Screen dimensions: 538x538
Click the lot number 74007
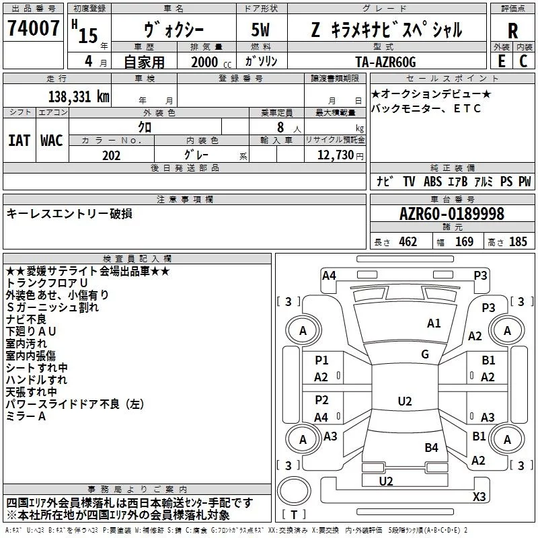tap(33, 28)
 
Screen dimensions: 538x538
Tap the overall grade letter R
tap(512, 31)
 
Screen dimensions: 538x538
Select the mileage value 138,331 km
tap(79, 97)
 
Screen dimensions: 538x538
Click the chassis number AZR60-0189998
tap(452, 214)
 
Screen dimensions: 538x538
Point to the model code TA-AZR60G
tap(385, 62)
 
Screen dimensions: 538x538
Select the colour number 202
tap(111, 155)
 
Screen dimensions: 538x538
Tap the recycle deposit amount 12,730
tap(335, 155)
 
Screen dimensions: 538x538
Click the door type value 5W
tap(260, 30)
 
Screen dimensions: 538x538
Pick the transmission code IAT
tap(20, 141)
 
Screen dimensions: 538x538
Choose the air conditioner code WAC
tap(52, 141)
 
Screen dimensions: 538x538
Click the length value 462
tap(408, 241)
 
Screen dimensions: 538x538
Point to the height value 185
tap(518, 241)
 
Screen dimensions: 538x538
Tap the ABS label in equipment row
tap(432, 182)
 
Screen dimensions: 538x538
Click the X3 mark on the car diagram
tap(479, 496)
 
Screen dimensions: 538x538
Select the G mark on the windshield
tap(425, 354)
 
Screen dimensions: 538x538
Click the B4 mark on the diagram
tap(431, 447)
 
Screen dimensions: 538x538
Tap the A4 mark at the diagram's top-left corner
tap(329, 276)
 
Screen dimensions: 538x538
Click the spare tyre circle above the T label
tap(294, 490)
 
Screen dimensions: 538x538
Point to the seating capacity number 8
tap(280, 127)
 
